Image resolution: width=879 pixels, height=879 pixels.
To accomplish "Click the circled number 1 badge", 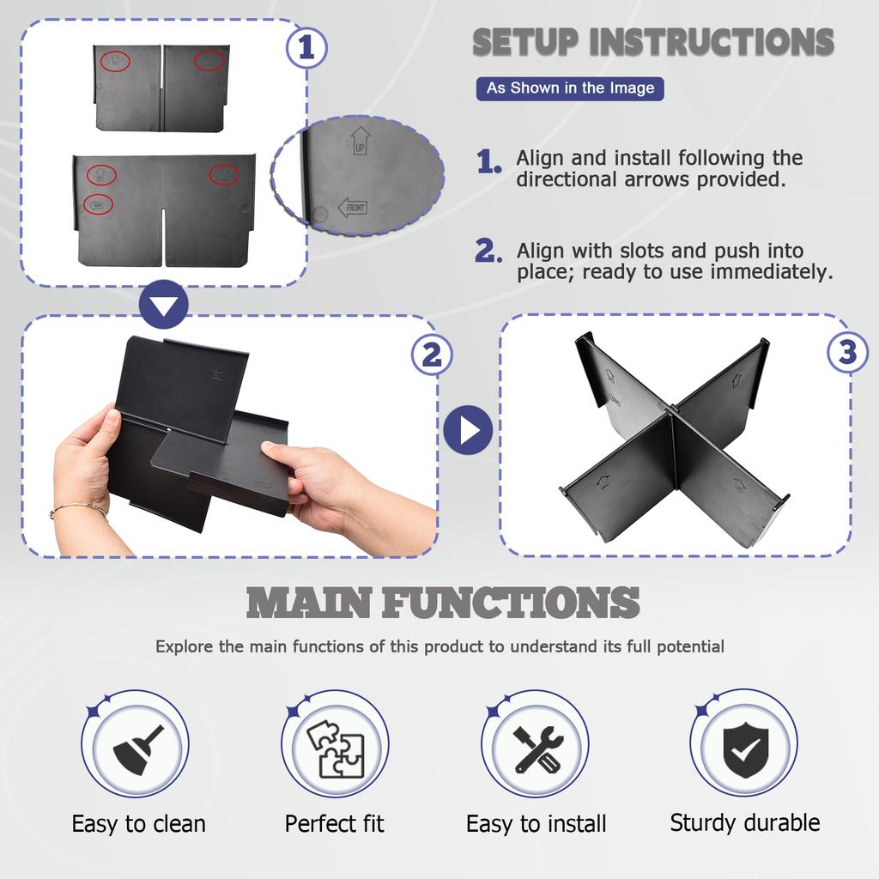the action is (306, 48).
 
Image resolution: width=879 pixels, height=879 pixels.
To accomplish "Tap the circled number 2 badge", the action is (431, 355).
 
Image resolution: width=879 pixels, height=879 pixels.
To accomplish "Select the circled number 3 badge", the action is (847, 352).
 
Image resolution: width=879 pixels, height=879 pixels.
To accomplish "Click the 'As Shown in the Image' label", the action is (570, 88).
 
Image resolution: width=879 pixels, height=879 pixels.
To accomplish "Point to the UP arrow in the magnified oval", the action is (360, 141).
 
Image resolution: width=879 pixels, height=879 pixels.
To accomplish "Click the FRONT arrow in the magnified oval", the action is (353, 208).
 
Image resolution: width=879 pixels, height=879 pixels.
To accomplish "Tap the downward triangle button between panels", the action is (164, 305).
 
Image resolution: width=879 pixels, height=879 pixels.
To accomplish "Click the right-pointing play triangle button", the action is (468, 430).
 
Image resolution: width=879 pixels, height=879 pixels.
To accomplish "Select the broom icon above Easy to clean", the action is (138, 749).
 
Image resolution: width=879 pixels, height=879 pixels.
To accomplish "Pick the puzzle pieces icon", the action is (336, 749).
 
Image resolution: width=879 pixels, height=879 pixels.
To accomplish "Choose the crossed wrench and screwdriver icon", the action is (536, 749).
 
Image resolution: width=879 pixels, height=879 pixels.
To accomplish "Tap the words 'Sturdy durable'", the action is (745, 823).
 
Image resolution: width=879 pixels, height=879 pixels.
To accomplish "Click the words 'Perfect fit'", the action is (335, 824).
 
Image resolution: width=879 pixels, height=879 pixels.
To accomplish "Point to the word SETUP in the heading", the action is (525, 42).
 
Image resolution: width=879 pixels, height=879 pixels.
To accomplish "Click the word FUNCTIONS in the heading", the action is (512, 603).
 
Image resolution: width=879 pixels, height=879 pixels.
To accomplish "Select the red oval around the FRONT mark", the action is (98, 205).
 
